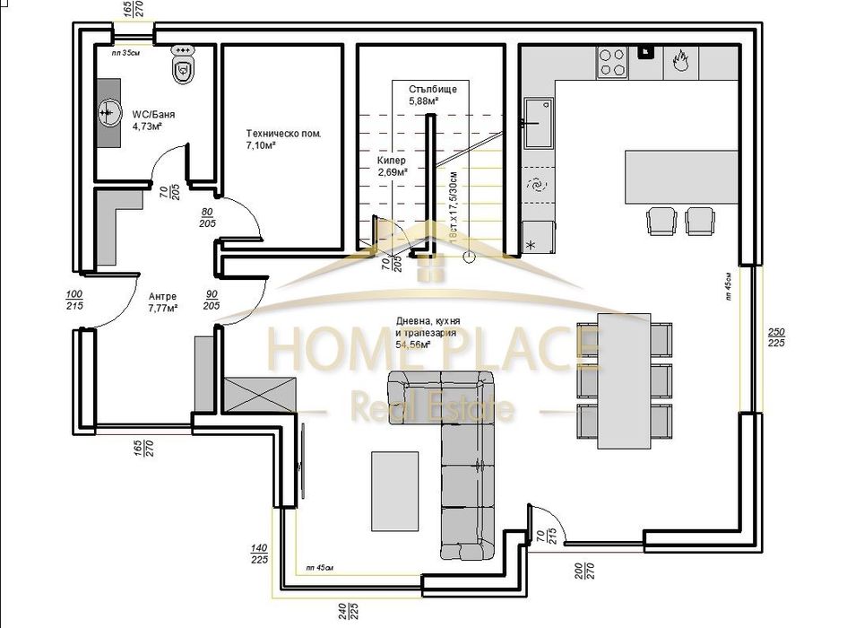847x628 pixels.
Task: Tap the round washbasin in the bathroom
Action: pyautogui.click(x=110, y=113)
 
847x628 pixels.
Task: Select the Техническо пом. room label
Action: pyautogui.click(x=282, y=138)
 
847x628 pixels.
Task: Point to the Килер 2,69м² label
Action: pyautogui.click(x=392, y=166)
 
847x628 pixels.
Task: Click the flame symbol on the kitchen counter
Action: pyautogui.click(x=679, y=61)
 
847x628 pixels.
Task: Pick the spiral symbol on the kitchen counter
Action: pyautogui.click(x=536, y=186)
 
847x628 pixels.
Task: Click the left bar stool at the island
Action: pyautogui.click(x=661, y=220)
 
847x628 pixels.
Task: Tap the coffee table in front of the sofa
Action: pyautogui.click(x=394, y=490)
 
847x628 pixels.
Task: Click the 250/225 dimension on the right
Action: pyautogui.click(x=777, y=337)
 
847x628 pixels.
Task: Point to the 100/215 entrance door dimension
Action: pyautogui.click(x=74, y=301)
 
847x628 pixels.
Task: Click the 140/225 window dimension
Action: pyautogui.click(x=259, y=553)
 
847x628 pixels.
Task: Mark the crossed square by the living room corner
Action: pyautogui.click(x=260, y=393)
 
